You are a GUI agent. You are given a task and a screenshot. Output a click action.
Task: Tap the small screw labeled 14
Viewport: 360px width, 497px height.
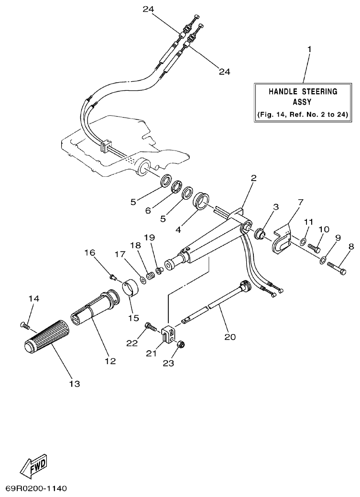coord(25,326)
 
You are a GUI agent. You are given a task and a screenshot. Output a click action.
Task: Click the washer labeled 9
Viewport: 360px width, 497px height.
coord(323,260)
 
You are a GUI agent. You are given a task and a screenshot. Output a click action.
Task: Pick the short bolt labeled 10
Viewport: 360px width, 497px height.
coord(314,248)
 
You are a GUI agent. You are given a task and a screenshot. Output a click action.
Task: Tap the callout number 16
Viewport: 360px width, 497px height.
coord(90,253)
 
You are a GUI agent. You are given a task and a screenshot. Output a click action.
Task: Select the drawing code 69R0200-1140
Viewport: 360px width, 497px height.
coord(36,488)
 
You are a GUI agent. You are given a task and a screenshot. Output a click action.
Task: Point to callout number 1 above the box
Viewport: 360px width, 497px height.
coord(309,49)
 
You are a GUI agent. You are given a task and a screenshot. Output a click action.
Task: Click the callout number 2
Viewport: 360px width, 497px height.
coord(253,178)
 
